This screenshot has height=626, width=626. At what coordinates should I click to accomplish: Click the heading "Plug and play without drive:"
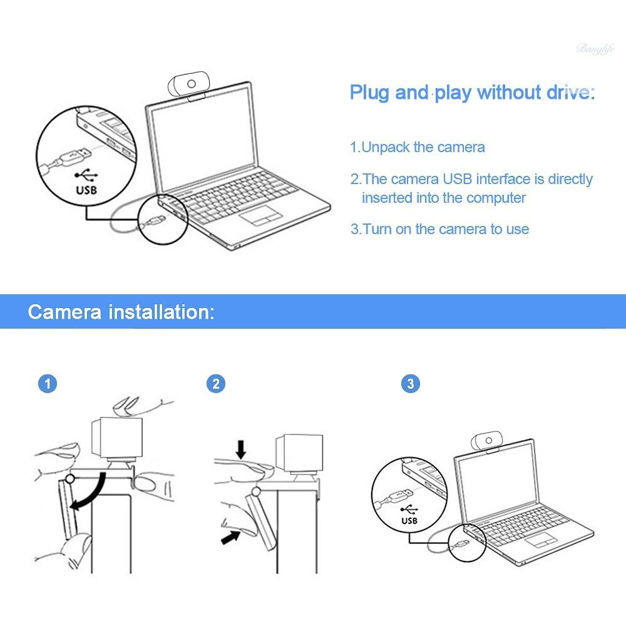[x=471, y=93]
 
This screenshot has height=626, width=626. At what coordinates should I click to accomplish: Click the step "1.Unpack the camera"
[x=417, y=148]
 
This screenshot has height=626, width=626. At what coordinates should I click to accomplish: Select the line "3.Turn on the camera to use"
[x=439, y=229]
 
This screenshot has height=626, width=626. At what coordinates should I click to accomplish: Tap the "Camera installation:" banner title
[x=121, y=312]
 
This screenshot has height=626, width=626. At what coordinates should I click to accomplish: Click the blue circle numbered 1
[x=48, y=383]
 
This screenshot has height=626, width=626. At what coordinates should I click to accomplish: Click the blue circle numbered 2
[x=216, y=383]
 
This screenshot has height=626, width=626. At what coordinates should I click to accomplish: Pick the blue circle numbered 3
[x=410, y=383]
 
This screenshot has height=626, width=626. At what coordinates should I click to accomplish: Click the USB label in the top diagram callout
[x=86, y=190]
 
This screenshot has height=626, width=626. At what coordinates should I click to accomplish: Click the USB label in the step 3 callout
[x=409, y=520]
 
